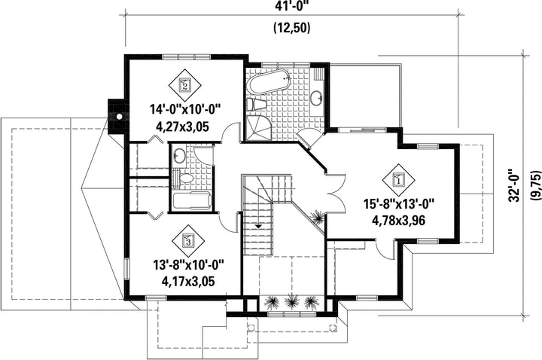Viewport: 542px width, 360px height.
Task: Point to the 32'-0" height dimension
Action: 514,185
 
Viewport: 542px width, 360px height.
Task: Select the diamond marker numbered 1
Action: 398,180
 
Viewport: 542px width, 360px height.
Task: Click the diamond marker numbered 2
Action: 184,84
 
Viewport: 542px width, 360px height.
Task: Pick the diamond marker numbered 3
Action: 188,241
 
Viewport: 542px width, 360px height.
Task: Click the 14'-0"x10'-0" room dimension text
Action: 185,110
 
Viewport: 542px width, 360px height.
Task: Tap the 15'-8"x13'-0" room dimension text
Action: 398,203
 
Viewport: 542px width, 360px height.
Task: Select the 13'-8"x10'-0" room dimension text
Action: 189,265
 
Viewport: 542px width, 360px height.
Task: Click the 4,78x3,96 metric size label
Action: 398,220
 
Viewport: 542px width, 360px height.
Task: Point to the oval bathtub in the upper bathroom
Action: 269,81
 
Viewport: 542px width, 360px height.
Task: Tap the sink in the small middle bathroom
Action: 178,155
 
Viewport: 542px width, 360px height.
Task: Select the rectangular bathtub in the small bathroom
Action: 192,201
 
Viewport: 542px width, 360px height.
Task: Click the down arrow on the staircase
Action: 258,226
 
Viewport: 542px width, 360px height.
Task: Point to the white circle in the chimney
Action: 119,117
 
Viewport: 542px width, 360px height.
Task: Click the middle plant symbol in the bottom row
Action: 291,301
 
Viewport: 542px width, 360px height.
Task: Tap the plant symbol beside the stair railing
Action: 317,217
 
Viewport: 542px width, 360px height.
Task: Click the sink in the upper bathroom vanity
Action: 316,97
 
